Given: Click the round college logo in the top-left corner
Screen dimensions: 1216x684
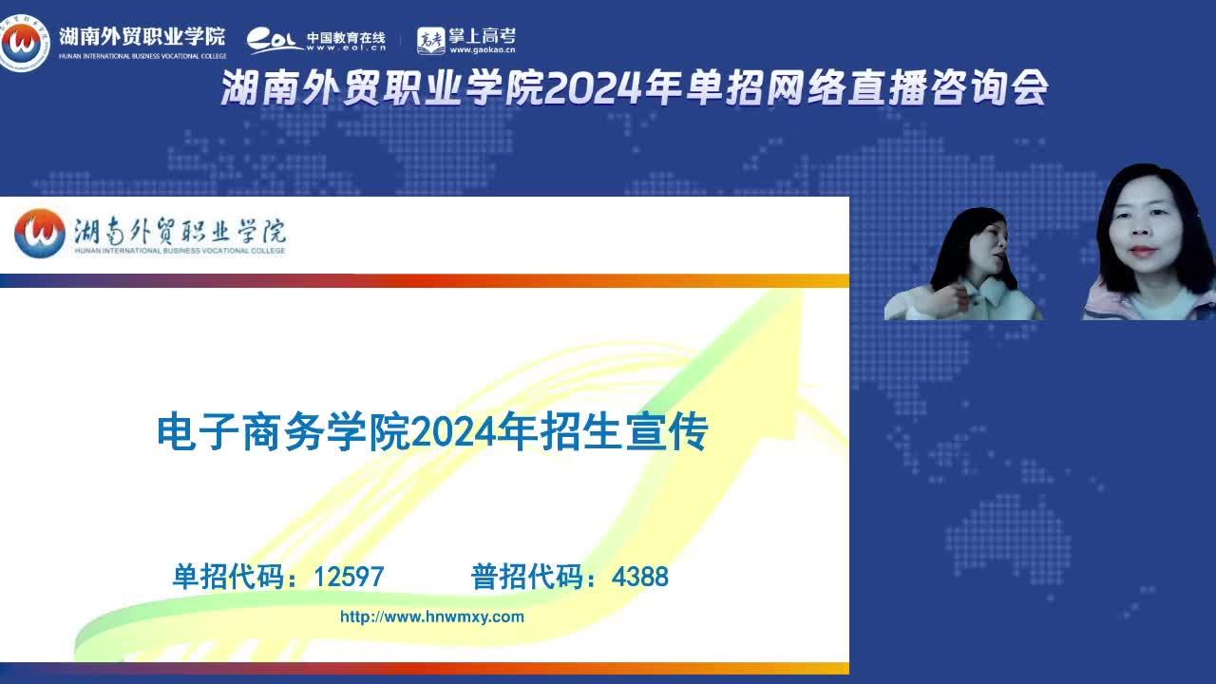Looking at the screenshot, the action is click(23, 43).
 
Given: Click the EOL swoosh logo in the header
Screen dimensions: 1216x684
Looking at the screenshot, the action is click(275, 41).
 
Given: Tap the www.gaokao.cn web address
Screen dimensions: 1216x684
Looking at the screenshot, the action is click(482, 50).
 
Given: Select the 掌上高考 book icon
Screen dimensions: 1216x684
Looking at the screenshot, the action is click(430, 41).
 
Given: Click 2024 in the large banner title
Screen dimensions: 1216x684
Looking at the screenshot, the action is click(593, 88).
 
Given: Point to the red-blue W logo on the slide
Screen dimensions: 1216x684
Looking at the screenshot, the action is click(40, 234).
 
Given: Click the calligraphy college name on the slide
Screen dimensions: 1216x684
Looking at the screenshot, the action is click(180, 231).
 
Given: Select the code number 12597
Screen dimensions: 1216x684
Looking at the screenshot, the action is click(349, 577).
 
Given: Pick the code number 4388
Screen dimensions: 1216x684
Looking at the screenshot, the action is click(640, 577).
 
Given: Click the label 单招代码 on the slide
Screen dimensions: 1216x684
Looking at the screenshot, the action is click(228, 577).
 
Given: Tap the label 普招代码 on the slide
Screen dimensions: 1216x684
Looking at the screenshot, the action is click(526, 577).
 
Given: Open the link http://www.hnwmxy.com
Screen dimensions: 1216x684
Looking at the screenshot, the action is click(432, 617).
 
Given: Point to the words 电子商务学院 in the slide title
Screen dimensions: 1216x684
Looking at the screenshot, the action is click(283, 432).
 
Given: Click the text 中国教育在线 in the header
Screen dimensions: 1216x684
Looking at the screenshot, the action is click(347, 37).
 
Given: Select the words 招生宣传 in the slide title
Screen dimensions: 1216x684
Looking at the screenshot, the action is click(624, 432).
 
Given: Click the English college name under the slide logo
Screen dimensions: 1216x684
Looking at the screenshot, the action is click(180, 251).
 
